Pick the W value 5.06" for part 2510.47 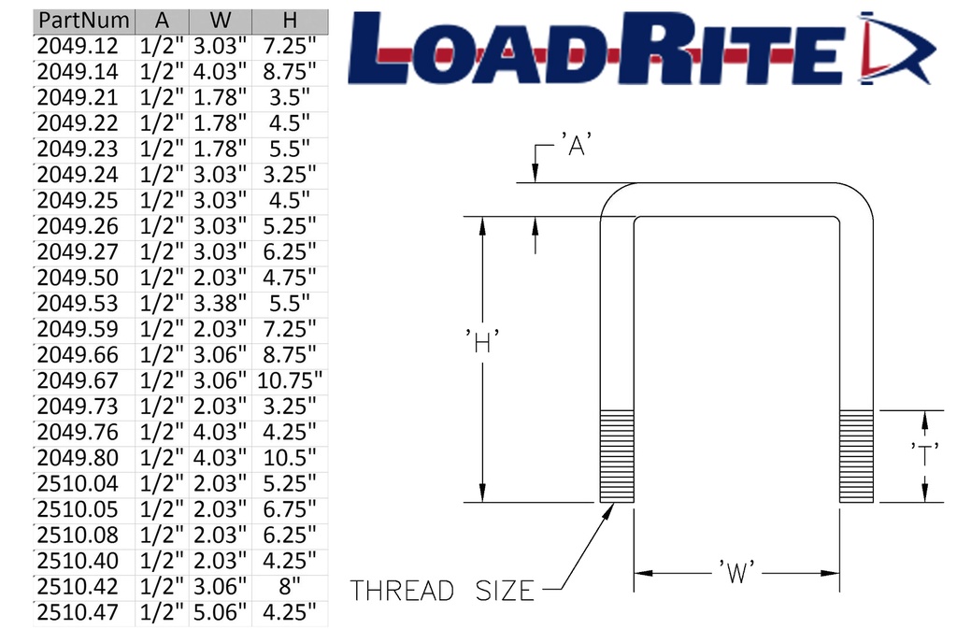click(x=220, y=613)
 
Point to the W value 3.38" click(x=220, y=304)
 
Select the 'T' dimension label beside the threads click(x=925, y=455)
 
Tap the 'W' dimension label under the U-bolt click(x=736, y=572)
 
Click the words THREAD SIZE click(x=442, y=591)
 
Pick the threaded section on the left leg click(x=616, y=455)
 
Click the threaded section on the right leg click(x=856, y=455)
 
